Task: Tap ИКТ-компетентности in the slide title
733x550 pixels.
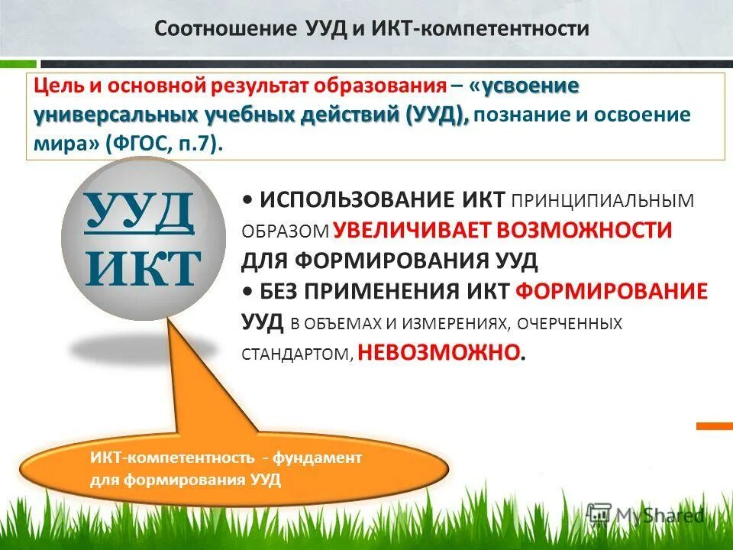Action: [481, 29]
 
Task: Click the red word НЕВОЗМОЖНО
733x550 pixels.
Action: [441, 351]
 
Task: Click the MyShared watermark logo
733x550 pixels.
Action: [646, 514]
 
